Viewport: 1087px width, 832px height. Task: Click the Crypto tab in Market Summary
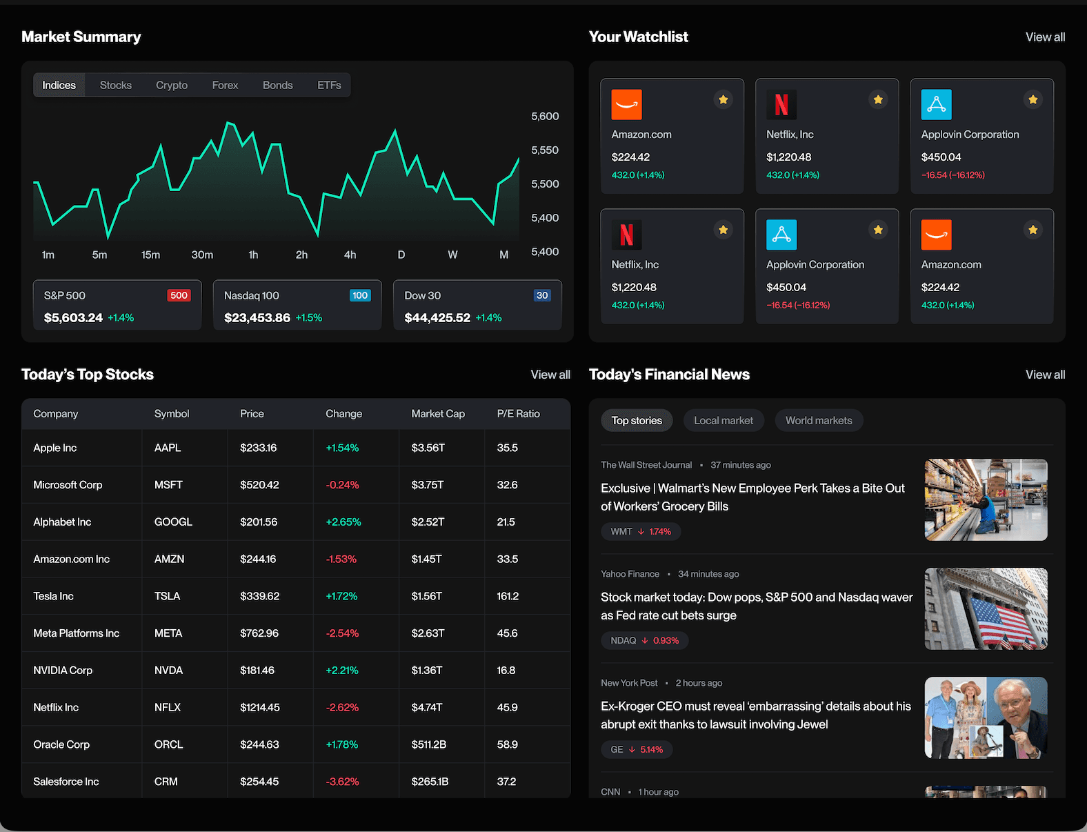pos(172,86)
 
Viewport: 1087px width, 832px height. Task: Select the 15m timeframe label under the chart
pos(150,255)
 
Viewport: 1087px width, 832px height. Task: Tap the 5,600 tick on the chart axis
pos(545,117)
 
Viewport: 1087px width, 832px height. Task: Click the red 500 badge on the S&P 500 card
pos(179,296)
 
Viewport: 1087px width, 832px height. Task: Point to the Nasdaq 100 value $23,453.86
pos(257,318)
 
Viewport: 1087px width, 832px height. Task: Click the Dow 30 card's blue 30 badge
pos(542,296)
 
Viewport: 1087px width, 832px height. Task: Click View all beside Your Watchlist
pos(1045,37)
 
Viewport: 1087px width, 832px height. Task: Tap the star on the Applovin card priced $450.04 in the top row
pos(1033,100)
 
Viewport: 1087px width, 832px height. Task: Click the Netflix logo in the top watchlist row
pos(781,105)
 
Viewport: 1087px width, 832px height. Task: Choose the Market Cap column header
pos(438,414)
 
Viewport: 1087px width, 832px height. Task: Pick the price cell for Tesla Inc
pos(259,596)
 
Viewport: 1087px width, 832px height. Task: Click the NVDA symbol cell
pos(168,671)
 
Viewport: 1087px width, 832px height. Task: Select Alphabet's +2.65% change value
pos(343,522)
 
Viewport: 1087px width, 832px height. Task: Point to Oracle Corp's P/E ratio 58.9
pos(507,744)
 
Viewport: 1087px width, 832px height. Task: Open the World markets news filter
pos(819,421)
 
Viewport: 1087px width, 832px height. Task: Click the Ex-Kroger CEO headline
pos(755,715)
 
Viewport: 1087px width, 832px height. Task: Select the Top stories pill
pos(637,421)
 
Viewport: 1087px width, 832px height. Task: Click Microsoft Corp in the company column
pos(68,485)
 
